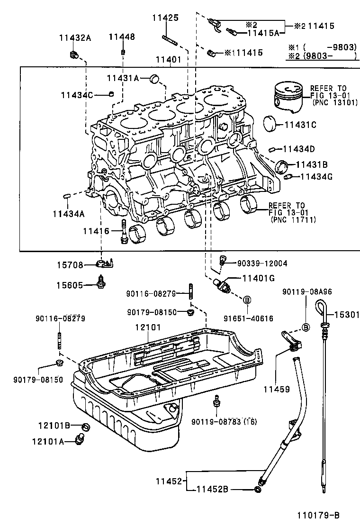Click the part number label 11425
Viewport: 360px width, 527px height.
(165, 18)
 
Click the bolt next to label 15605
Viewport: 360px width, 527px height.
(100, 281)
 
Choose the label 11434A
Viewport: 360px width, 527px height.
(69, 214)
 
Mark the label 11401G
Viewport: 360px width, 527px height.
(258, 278)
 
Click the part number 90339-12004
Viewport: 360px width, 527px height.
(261, 263)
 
